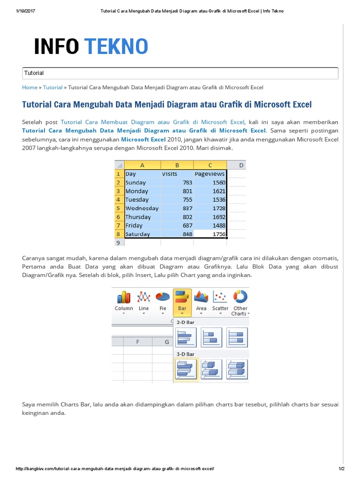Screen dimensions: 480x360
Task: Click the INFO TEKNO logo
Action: point(91,46)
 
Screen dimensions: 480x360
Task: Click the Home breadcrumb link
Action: point(30,87)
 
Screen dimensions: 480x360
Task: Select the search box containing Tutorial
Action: point(180,73)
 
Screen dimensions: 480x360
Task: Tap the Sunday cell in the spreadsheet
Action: point(136,182)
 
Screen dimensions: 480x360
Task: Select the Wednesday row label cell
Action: point(142,208)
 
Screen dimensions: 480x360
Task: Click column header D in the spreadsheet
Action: point(241,165)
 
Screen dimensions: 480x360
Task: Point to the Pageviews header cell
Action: point(210,174)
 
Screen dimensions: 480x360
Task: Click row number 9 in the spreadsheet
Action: point(118,242)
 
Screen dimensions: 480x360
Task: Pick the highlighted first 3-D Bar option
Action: point(187,369)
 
